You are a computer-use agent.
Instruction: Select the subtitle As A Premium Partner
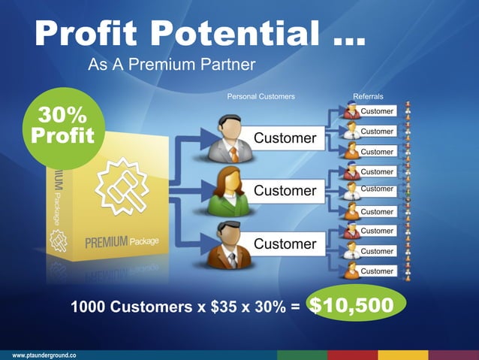(x=172, y=65)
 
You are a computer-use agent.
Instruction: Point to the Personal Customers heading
(x=261, y=97)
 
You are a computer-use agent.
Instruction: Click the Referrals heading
(x=368, y=97)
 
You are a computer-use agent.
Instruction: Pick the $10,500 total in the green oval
(x=352, y=305)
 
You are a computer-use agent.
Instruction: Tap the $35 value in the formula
(x=223, y=307)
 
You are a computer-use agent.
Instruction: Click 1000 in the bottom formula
(x=89, y=307)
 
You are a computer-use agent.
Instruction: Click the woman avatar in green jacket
(x=228, y=191)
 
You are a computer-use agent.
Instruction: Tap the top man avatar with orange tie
(x=229, y=138)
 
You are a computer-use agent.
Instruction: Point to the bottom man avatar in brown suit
(x=229, y=245)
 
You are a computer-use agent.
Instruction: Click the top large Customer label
(x=285, y=138)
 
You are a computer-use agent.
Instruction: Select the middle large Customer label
(x=285, y=191)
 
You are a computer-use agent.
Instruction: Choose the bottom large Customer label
(x=285, y=244)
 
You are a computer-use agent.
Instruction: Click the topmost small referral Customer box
(x=376, y=111)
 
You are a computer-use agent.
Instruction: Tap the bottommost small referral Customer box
(x=376, y=271)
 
